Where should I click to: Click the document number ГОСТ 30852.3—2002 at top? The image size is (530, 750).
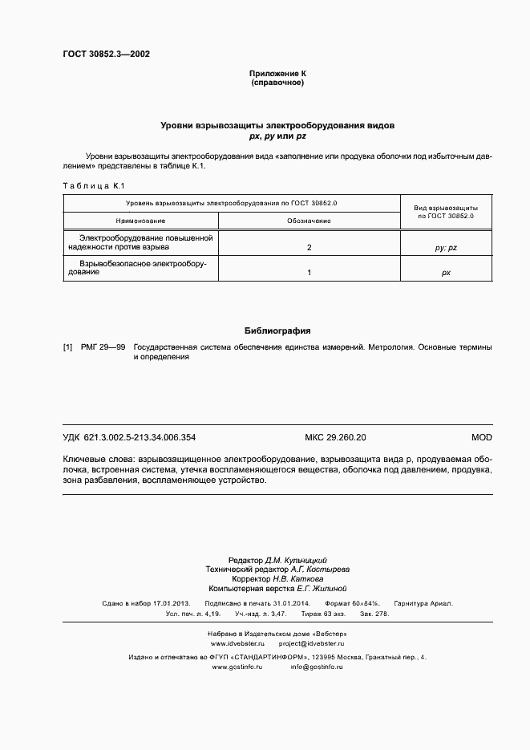tap(106, 55)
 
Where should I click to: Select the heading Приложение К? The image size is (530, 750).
tap(277, 74)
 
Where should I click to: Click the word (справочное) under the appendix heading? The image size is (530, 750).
tap(277, 83)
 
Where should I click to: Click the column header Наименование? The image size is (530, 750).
tap(140, 220)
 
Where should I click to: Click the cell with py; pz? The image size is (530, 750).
tap(446, 249)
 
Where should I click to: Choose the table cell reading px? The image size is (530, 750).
tap(446, 273)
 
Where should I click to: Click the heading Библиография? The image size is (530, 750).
tap(277, 330)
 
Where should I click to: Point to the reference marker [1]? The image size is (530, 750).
tap(68, 347)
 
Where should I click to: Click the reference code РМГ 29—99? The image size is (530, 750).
tap(103, 347)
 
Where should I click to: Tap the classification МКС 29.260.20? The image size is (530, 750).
tap(335, 437)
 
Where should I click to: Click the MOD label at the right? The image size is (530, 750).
tap(481, 437)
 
